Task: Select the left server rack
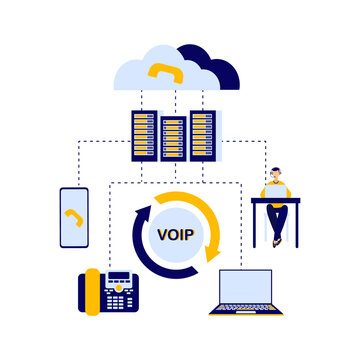click(143, 136)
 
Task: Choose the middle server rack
click(172, 141)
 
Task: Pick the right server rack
click(202, 136)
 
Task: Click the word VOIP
click(175, 235)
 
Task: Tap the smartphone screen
click(74, 217)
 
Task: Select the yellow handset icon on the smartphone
click(73, 217)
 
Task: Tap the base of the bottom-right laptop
click(239, 311)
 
